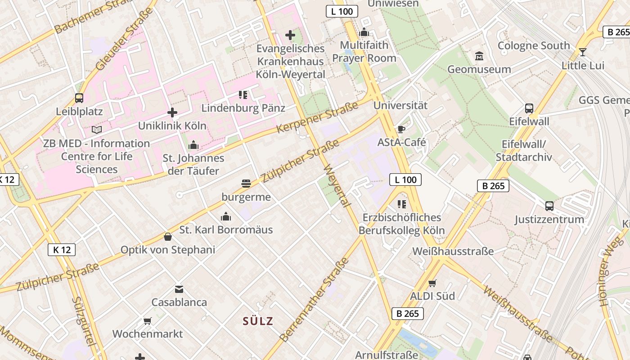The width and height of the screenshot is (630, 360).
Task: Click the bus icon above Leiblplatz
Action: coord(79,98)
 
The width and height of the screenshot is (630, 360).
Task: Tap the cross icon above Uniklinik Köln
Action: coord(172,112)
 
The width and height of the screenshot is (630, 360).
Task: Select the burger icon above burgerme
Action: coord(246,184)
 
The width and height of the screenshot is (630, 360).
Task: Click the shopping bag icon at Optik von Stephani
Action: coord(168,237)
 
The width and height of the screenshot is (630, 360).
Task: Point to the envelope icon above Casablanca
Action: coord(179,289)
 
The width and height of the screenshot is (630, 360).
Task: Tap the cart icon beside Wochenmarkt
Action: coord(147,321)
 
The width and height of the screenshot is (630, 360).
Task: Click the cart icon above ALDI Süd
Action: coord(432,283)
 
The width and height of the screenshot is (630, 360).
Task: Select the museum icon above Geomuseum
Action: coord(479,56)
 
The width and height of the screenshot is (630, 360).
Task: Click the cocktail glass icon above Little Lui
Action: coord(583,52)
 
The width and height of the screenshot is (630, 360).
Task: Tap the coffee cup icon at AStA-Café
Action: coord(401,130)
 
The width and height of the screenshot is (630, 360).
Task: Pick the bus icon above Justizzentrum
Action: coord(549,206)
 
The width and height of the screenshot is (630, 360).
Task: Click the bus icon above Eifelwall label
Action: coord(529,108)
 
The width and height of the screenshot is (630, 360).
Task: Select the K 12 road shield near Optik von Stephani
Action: coord(62,250)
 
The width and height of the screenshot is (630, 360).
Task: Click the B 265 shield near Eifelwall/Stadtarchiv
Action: coord(493,186)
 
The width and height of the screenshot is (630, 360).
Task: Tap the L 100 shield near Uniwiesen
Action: coord(342,12)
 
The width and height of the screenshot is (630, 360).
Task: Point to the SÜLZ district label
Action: coord(258,321)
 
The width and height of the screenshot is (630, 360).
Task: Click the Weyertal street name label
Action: coord(337,186)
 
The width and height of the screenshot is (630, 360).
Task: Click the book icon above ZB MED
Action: coord(97,130)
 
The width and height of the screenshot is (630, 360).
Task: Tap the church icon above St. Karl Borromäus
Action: coord(226,217)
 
